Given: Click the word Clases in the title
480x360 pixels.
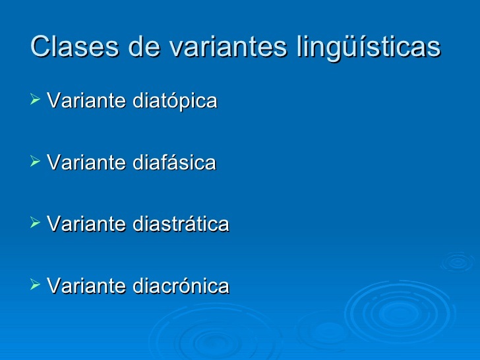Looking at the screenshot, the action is pyautogui.click(x=75, y=46).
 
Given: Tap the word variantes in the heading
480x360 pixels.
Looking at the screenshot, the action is pyautogui.click(x=228, y=46).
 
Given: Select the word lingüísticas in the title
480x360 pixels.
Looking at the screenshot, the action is pyautogui.click(x=369, y=47).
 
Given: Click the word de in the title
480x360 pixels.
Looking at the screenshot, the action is pyautogui.click(x=144, y=46).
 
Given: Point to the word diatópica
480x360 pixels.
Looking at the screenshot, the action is pyautogui.click(x=175, y=100).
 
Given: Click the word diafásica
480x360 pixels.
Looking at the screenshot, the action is pyautogui.click(x=175, y=162).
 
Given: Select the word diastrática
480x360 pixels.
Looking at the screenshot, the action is pyautogui.click(x=181, y=224).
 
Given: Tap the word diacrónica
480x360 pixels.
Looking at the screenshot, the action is pyautogui.click(x=181, y=285).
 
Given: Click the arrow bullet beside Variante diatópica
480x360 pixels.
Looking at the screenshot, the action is pyautogui.click(x=35, y=99).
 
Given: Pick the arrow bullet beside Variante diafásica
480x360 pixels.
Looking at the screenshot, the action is pyautogui.click(x=35, y=161).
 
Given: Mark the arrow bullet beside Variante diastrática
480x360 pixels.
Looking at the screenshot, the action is pyautogui.click(x=35, y=223).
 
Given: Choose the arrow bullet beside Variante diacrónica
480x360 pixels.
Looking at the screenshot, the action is pyautogui.click(x=35, y=284).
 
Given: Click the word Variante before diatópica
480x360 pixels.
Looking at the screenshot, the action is pyautogui.click(x=86, y=100).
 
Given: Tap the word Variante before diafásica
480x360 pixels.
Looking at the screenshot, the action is pyautogui.click(x=86, y=162).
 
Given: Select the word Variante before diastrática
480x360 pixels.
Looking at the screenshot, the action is pyautogui.click(x=86, y=224).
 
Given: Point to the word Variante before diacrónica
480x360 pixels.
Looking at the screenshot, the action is pyautogui.click(x=86, y=285).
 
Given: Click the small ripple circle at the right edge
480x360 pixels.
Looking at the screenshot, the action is pyautogui.click(x=458, y=262).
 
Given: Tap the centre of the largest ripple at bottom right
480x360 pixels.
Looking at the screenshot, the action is pyautogui.click(x=399, y=313).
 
